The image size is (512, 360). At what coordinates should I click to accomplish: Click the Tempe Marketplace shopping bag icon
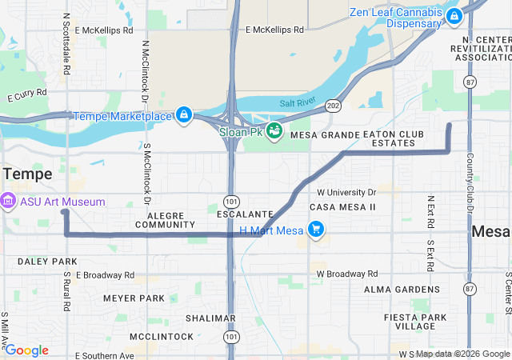tap(185, 116)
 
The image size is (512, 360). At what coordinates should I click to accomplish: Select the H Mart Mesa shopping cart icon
tap(316, 230)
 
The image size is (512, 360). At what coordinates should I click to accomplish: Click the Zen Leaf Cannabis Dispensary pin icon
tap(454, 15)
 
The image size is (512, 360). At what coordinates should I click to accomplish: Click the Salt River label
tap(298, 103)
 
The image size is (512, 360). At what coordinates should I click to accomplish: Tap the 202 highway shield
tap(334, 105)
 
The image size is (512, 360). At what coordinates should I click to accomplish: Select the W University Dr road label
tap(346, 193)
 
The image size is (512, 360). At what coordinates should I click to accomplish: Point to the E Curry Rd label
tap(27, 95)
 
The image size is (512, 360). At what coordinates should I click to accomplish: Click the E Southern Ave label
tap(104, 355)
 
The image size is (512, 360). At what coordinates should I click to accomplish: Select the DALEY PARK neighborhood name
tap(47, 262)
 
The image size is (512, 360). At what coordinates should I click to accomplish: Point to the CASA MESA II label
tap(343, 207)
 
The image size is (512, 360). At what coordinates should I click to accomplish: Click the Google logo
tap(27, 350)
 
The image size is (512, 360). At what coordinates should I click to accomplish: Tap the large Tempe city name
tap(27, 174)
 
